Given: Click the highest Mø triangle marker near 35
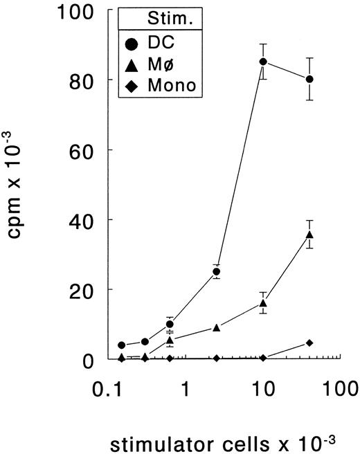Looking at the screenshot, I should pyautogui.click(x=309, y=235).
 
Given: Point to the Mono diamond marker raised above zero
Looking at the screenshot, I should pyautogui.click(x=309, y=343).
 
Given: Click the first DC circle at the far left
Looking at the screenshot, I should pyautogui.click(x=122, y=345).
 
